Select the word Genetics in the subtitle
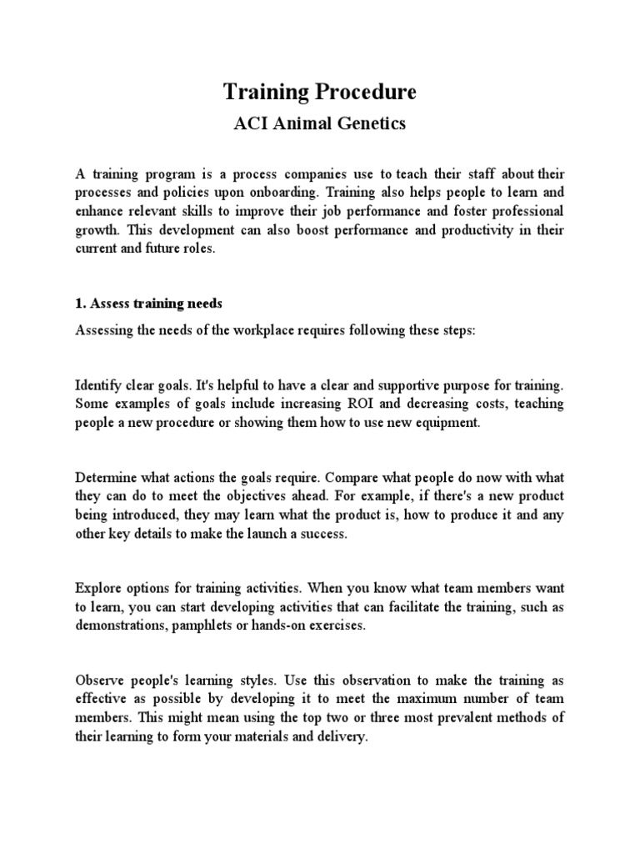[369, 123]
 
